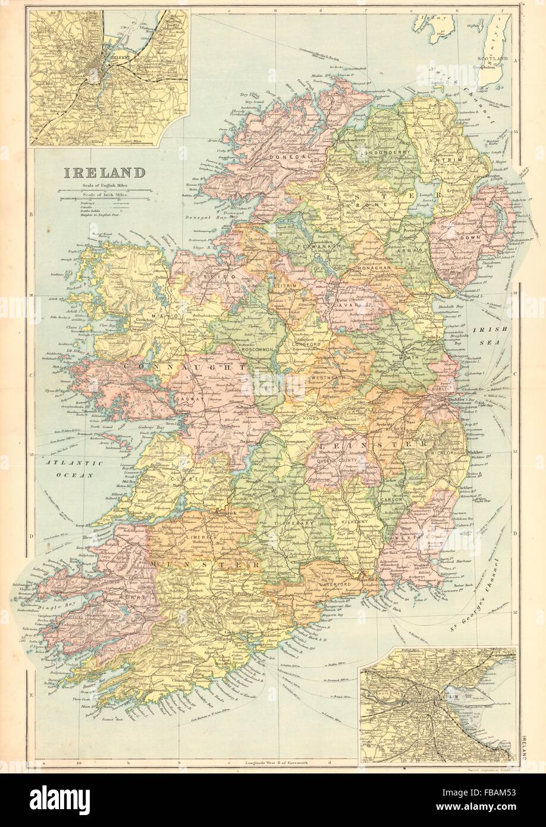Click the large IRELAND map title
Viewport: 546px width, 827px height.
pyautogui.click(x=101, y=173)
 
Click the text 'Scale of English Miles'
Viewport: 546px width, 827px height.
pyautogui.click(x=101, y=187)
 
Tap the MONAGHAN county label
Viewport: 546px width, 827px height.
pyautogui.click(x=370, y=268)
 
